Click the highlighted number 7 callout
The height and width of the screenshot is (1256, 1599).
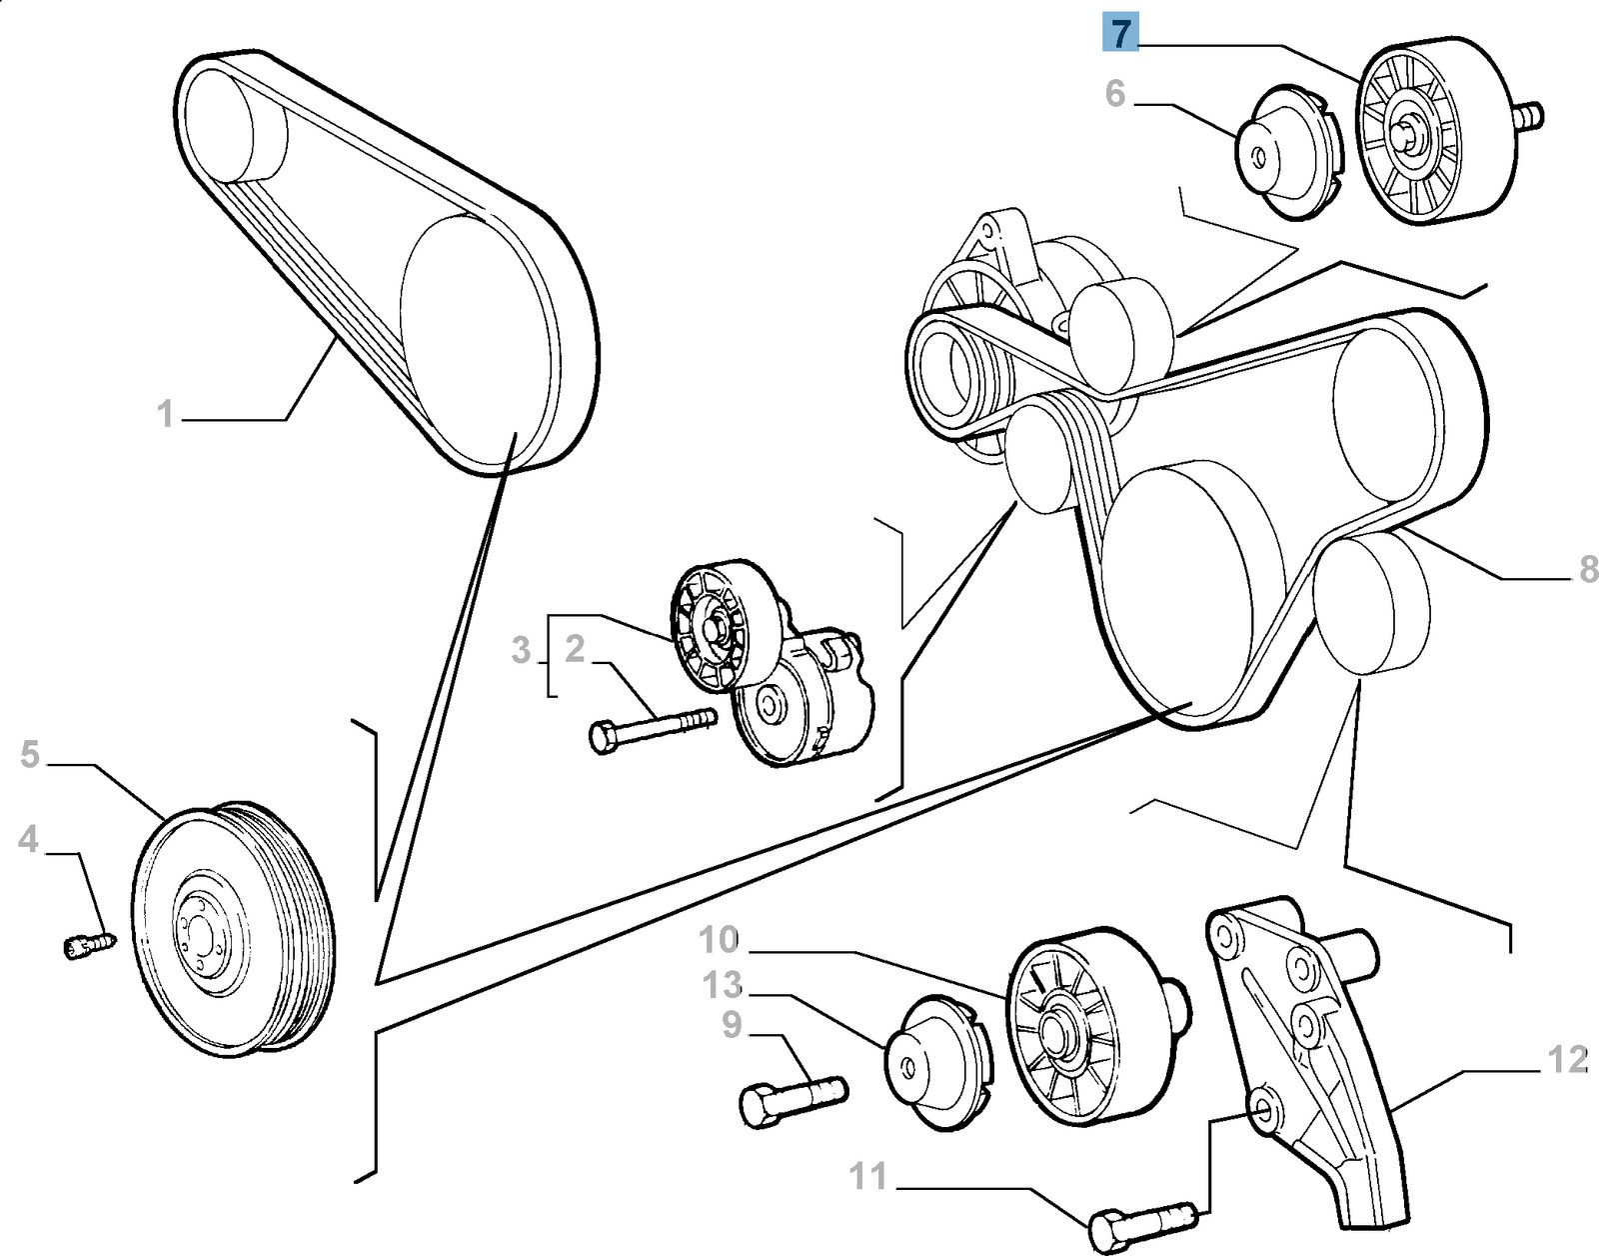click(x=1120, y=34)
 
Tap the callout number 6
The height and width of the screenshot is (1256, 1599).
click(x=1115, y=94)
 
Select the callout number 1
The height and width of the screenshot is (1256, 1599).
click(x=166, y=413)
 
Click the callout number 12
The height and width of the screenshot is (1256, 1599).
click(x=1567, y=1060)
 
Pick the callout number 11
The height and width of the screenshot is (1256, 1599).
click(x=867, y=1176)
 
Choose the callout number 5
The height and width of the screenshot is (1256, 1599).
click(x=30, y=755)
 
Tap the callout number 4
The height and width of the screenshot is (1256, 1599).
click(x=28, y=839)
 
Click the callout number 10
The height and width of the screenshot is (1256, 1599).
click(x=719, y=940)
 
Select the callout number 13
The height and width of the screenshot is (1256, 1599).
click(x=722, y=985)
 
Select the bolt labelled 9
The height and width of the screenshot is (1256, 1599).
click(x=793, y=1098)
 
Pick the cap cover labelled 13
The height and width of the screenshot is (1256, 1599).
click(x=936, y=1063)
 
